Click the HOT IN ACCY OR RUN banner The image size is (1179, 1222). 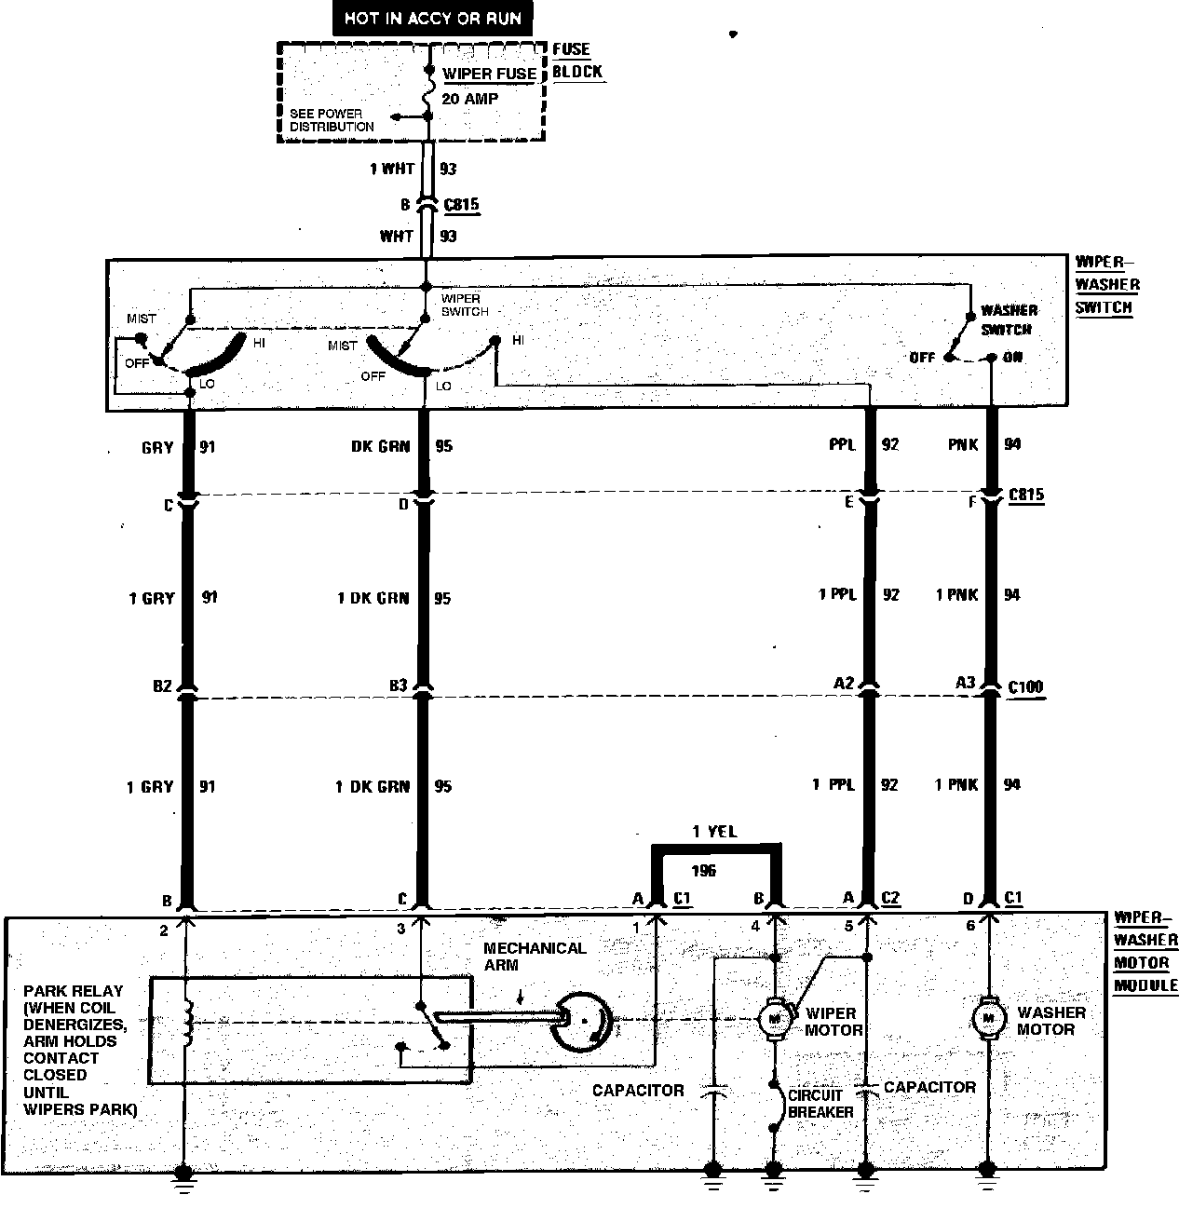(432, 19)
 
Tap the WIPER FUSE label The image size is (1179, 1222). (489, 74)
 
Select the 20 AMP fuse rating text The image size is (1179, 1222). (469, 98)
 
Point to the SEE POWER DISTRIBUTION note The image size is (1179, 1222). (332, 120)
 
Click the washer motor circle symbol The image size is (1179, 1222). (988, 1018)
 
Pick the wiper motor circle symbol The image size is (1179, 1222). (774, 1018)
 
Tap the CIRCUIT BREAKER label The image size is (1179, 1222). (820, 1104)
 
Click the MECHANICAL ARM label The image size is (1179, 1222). (535, 957)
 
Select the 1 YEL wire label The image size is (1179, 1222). (714, 832)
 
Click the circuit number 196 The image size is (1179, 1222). (705, 872)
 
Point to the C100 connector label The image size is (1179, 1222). (1026, 687)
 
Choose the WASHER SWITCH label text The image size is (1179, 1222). (1007, 319)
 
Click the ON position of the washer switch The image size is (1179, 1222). (1011, 358)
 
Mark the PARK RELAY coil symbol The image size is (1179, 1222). (188, 1023)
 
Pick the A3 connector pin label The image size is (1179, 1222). (965, 684)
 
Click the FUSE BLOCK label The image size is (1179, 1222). (577, 61)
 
